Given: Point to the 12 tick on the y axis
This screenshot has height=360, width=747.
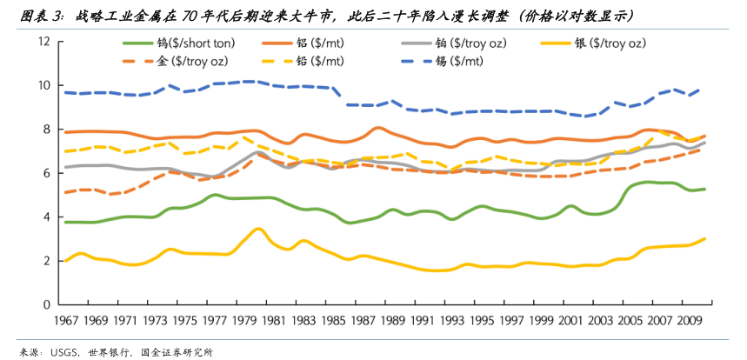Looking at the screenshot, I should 43,42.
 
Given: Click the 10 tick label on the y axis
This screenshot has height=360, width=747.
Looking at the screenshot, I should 43,85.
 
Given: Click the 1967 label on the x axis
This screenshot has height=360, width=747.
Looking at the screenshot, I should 67,320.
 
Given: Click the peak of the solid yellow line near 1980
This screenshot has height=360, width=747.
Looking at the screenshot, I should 257,229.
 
